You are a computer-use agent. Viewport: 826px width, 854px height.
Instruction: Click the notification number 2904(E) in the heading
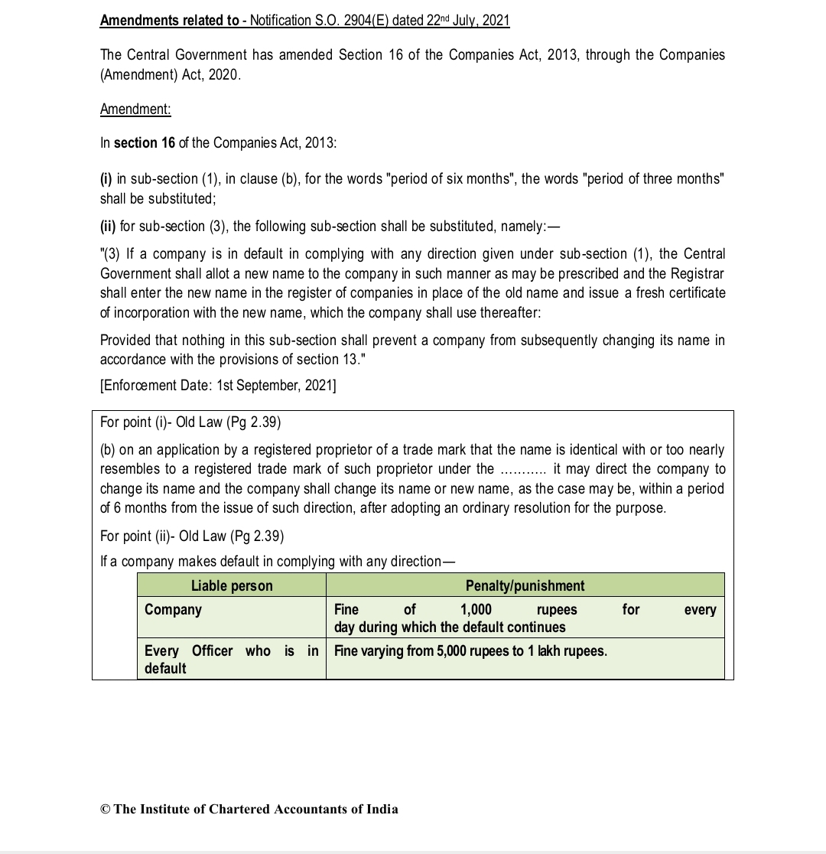coord(360,21)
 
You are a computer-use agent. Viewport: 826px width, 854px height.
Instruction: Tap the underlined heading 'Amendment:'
coord(135,109)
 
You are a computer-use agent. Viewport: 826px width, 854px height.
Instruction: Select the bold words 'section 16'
coord(145,143)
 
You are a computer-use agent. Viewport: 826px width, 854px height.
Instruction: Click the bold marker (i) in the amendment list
coord(106,179)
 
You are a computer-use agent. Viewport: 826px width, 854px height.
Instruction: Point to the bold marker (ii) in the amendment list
coord(108,227)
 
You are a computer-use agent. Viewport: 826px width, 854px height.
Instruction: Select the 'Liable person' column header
coord(232,586)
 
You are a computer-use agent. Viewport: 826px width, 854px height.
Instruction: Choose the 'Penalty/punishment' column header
coord(525,586)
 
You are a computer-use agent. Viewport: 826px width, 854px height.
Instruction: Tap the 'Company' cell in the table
coord(174,610)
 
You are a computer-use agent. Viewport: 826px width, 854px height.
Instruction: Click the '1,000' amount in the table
coord(476,610)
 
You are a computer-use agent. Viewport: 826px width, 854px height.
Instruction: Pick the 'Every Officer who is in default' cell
coord(231,659)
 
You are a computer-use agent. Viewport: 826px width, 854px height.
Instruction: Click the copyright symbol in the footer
coord(106,810)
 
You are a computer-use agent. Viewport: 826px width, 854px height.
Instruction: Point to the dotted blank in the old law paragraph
coord(522,469)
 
